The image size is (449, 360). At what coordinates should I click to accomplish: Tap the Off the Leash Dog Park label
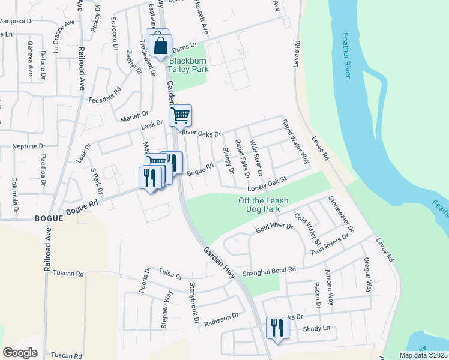(259, 205)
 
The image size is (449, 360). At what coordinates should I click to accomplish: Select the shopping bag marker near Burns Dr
(161, 46)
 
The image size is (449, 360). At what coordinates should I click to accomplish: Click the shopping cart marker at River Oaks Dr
(180, 115)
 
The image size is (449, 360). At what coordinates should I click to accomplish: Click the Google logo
(20, 352)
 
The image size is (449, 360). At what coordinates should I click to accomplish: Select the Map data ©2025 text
(415, 355)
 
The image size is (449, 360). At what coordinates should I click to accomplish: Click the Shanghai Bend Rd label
(270, 272)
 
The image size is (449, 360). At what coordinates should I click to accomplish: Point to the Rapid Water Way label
(295, 142)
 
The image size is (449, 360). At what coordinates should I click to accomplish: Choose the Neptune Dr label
(29, 146)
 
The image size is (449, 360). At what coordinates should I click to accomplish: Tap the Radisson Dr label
(221, 319)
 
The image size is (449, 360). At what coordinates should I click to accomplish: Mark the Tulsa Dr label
(170, 275)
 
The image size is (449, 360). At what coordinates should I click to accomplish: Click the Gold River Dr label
(274, 229)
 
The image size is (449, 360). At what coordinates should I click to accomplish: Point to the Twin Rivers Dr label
(330, 245)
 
